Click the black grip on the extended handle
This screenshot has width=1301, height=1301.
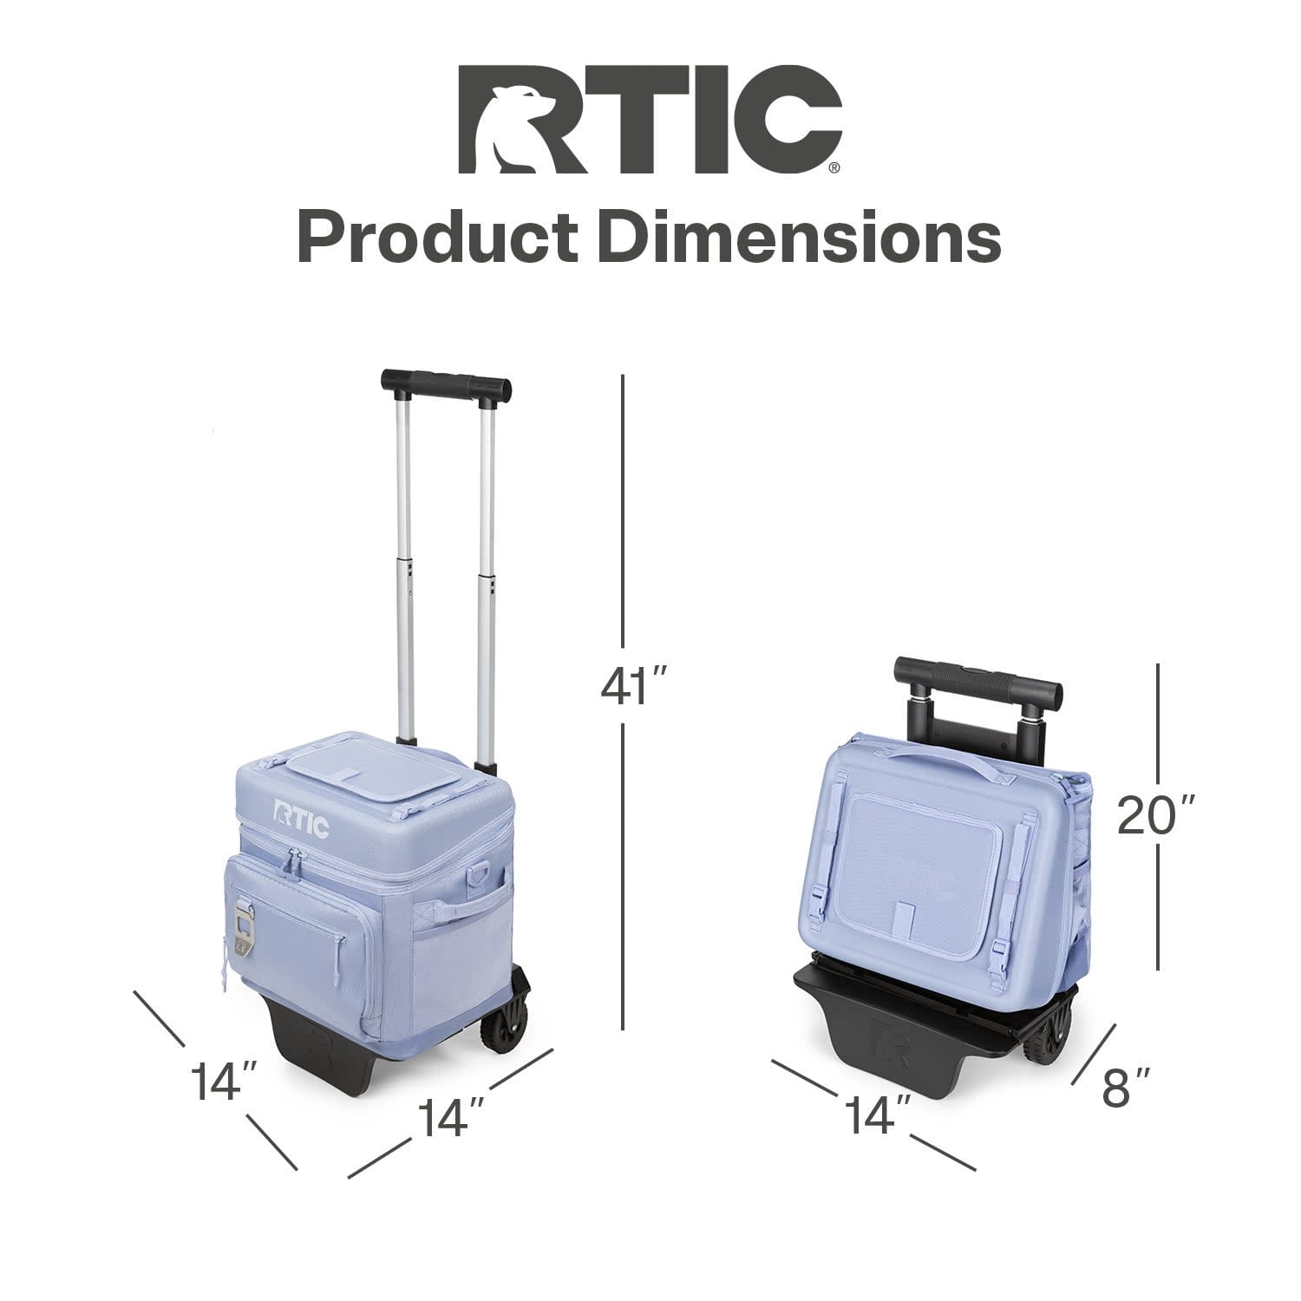tap(446, 384)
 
